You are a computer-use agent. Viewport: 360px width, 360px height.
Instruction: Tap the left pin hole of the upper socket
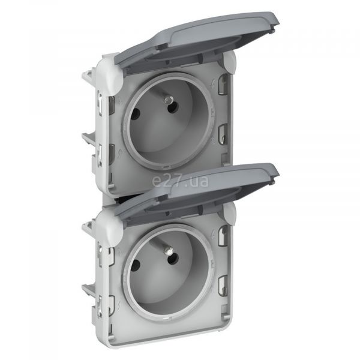point(136,113)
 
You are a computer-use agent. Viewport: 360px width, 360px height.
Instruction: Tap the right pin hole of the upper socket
point(173,107)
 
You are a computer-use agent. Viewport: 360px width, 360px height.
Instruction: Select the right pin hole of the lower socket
point(173,259)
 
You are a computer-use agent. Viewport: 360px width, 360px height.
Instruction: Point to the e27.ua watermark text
point(180,181)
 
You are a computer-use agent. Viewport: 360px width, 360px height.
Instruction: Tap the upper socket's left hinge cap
point(109,73)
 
